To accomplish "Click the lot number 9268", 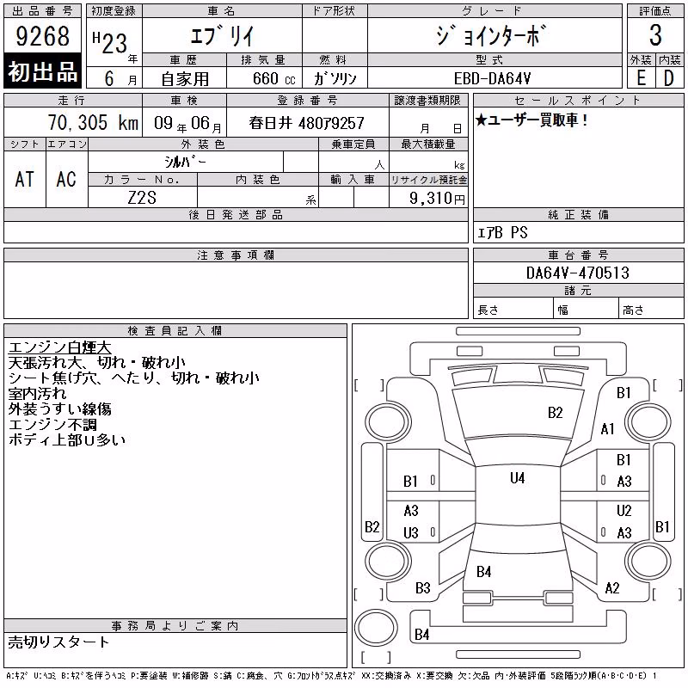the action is point(42,36).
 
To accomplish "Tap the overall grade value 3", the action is point(655,35).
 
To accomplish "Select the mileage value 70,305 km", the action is point(93,122).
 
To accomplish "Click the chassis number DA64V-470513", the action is point(577,273).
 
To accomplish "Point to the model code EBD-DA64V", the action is point(492,78).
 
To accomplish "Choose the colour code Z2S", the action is point(142,198).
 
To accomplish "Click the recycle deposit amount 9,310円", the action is point(437,199).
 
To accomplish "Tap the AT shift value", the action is point(25,179).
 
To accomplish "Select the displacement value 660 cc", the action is point(273,78).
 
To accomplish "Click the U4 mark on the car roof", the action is point(518,478).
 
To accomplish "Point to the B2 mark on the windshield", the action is point(555,413).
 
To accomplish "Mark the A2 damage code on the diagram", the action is point(612,587).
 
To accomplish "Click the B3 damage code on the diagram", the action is point(423,587).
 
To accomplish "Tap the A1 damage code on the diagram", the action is point(608,428).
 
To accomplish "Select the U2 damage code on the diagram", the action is point(624,510).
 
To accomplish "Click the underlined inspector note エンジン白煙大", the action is point(59,347).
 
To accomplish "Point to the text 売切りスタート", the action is point(58,642).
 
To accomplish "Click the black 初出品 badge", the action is point(42,71).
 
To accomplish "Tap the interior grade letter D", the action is point(669,78).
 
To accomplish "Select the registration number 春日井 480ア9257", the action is point(307,123).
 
